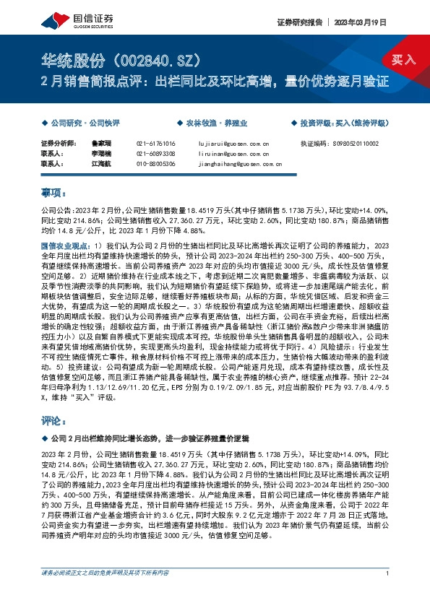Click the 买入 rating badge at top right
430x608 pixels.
402,60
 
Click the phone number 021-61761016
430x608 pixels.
155,144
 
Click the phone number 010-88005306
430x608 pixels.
155,163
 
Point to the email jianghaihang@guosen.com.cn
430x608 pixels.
234,163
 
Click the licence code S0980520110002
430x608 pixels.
369,144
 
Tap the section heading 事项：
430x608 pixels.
53,194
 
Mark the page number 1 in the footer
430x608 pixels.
388,594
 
